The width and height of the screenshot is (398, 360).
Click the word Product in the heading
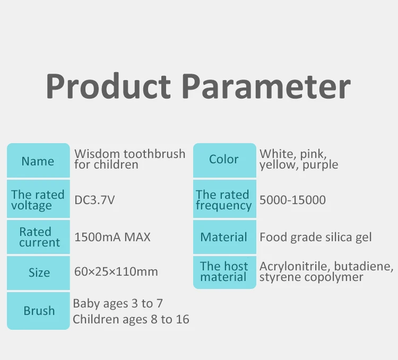pyautogui.click(x=108, y=86)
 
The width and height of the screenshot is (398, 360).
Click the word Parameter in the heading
pyautogui.click(x=266, y=86)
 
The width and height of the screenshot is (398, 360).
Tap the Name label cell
pyautogui.click(x=38, y=161)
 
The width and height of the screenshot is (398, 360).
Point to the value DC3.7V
pyautogui.click(x=94, y=200)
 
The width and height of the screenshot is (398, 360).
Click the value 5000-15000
pyautogui.click(x=292, y=200)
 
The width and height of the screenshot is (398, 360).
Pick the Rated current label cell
pyautogui.click(x=38, y=237)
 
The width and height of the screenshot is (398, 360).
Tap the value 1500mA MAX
pyautogui.click(x=113, y=237)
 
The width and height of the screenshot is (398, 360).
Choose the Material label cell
pyautogui.click(x=224, y=237)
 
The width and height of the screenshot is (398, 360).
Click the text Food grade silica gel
pyautogui.click(x=316, y=238)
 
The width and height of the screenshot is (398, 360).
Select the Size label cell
pyautogui.click(x=38, y=273)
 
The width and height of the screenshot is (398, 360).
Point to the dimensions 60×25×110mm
pyautogui.click(x=116, y=271)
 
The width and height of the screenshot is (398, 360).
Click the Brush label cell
pyautogui.click(x=38, y=311)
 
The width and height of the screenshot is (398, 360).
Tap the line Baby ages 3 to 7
pyautogui.click(x=118, y=304)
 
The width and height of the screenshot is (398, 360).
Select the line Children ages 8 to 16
pyautogui.click(x=131, y=319)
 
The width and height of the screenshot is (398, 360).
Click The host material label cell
pyautogui.click(x=224, y=273)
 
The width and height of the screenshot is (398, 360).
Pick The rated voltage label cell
pyautogui.click(x=38, y=199)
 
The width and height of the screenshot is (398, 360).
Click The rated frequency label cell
pyautogui.click(x=224, y=199)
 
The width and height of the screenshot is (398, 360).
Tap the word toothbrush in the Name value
pyautogui.click(x=154, y=154)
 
